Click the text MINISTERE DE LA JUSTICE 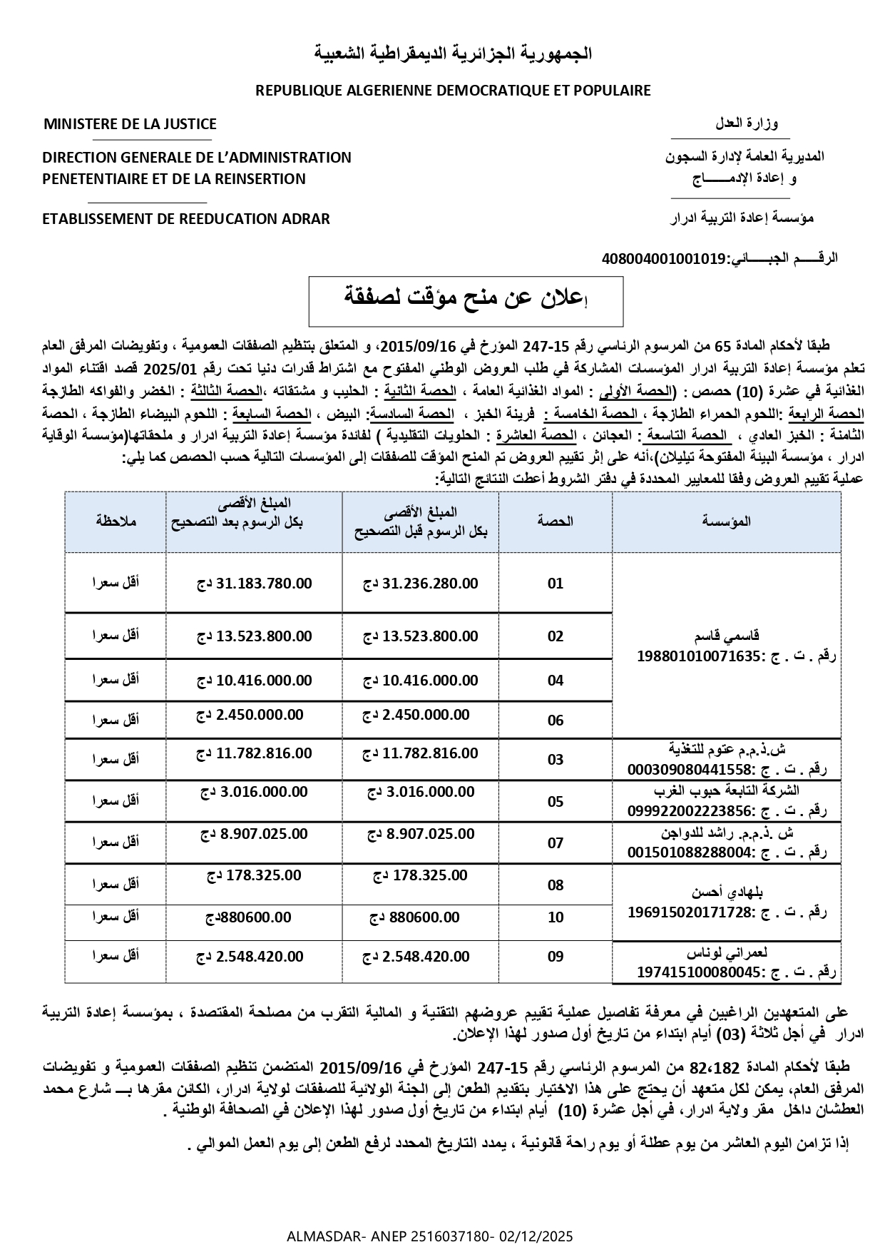(130, 124)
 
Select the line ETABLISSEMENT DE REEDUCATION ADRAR (186, 219)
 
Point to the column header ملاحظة (116, 521)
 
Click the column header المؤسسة (726, 521)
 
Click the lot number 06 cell (556, 721)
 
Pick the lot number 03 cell (556, 760)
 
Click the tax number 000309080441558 (691, 770)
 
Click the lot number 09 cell (556, 957)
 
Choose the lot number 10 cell (556, 917)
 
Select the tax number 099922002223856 (691, 811)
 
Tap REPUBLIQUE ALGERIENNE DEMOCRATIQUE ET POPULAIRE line (453, 91)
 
